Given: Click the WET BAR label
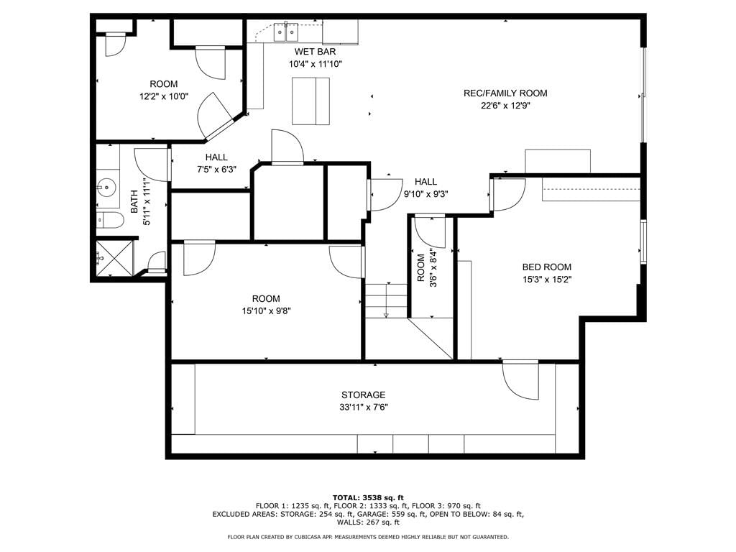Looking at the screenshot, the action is tap(315, 52).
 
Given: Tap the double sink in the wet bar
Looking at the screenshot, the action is tap(286, 32).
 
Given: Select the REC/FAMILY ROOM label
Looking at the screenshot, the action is tap(505, 93).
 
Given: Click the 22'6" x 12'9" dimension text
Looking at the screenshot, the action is tap(505, 106).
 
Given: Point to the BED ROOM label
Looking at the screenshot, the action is tap(547, 267).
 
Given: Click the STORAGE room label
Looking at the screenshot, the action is tap(363, 395).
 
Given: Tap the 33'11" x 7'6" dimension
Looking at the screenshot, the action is tap(363, 408).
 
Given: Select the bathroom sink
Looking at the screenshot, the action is tap(106, 188).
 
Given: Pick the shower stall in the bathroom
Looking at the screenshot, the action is tap(115, 258).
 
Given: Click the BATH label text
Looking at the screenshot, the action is tap(134, 202).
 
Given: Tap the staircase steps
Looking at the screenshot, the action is tap(386, 301).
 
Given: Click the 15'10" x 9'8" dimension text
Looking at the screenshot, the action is tap(266, 310).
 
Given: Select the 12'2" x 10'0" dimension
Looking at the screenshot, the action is tap(163, 97).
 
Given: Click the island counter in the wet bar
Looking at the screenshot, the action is tap(310, 101).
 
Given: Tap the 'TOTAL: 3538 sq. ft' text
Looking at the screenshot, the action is tap(368, 497).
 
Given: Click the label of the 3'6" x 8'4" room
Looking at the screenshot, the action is tap(420, 268).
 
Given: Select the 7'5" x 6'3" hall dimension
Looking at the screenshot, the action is tap(216, 170).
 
